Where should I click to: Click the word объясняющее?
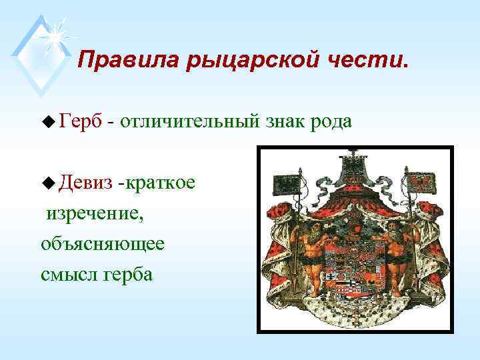[x=102, y=244]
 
